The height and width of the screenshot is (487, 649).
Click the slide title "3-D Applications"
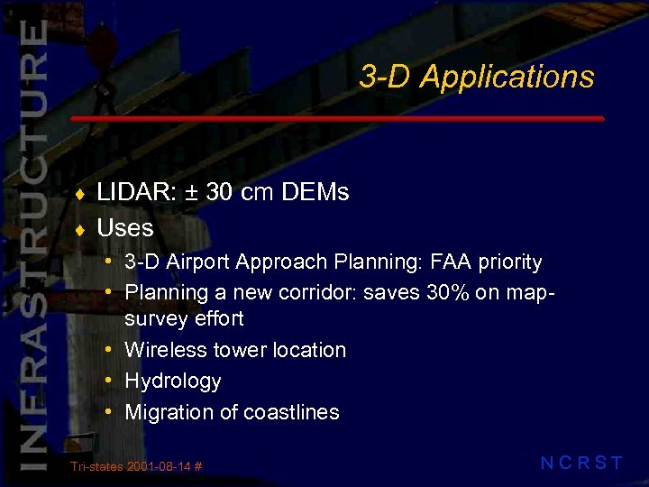476,78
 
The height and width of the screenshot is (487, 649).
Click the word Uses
125,227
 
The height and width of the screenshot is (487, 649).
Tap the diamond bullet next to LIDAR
79,194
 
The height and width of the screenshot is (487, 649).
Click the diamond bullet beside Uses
79,229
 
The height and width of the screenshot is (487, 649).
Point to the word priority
510,263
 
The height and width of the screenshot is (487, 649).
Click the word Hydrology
173,381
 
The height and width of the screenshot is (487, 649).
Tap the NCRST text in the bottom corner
581,464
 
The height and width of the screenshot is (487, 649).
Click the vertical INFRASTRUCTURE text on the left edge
32,243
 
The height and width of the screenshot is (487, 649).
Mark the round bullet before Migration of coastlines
108,411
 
